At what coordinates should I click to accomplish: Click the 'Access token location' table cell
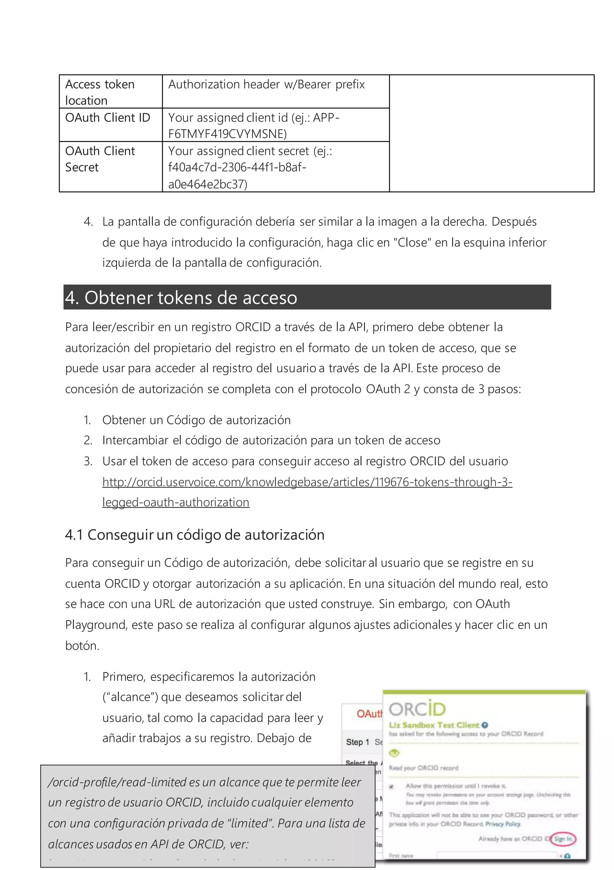100,92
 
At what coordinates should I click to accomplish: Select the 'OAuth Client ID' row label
108,118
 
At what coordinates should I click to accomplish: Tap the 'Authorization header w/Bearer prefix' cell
266,84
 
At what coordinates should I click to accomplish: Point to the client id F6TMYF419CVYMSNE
227,134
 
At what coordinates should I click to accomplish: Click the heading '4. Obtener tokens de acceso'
181,298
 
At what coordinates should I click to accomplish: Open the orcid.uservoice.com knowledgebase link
307,482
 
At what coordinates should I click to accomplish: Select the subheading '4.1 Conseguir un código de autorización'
195,535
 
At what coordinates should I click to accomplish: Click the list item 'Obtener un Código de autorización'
196,420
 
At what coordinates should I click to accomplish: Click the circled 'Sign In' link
563,838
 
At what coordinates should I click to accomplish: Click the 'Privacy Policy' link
503,824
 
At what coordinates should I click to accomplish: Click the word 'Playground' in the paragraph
96,625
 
